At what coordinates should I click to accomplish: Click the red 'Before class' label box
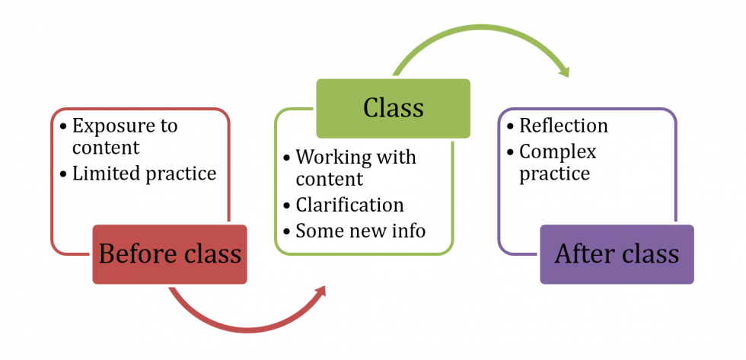[x=170, y=254]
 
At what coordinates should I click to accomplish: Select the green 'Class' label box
[x=393, y=107]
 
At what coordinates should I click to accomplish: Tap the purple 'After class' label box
[x=617, y=254]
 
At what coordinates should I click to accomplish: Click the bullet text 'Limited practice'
[x=144, y=174]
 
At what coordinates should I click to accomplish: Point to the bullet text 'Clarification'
[x=349, y=205]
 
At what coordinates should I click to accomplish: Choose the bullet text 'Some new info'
[x=361, y=229]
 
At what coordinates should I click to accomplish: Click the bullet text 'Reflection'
[x=563, y=126]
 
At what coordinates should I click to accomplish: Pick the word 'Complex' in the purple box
[x=557, y=151]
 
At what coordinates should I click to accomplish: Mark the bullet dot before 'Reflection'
[x=510, y=126]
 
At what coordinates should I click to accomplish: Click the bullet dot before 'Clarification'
[x=286, y=205]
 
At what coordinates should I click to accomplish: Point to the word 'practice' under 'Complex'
[x=554, y=174]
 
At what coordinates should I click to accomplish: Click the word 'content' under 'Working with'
[x=330, y=180]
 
